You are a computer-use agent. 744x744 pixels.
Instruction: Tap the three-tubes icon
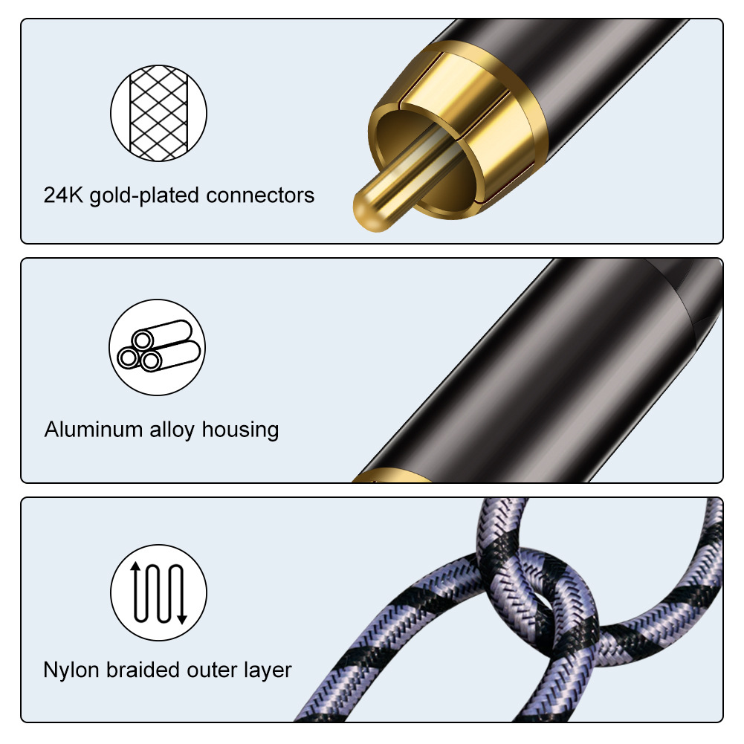click(158, 347)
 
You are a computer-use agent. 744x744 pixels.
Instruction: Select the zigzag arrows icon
click(158, 592)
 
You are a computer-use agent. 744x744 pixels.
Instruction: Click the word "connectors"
click(260, 195)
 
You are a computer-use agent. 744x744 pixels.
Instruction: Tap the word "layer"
click(269, 670)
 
